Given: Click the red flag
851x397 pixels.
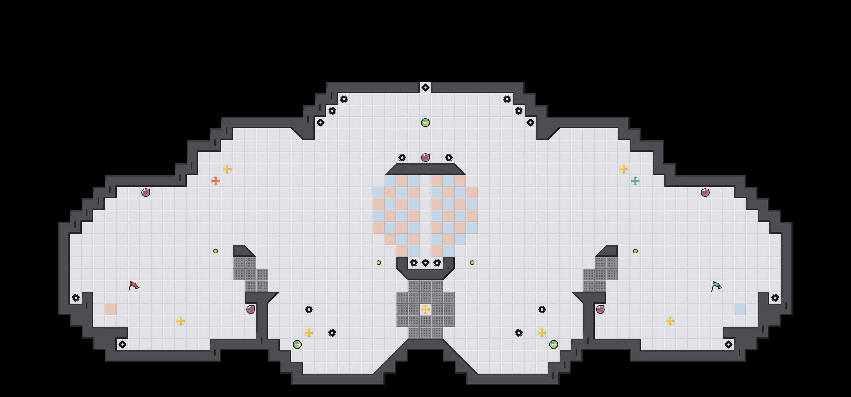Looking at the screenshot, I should point(133,286).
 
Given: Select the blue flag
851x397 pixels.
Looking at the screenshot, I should point(716,286).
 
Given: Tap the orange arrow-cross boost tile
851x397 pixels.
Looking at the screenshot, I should point(215,181).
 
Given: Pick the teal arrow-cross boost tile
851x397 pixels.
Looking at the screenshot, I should point(635,181).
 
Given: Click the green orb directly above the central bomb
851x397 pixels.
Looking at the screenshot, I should point(425,123).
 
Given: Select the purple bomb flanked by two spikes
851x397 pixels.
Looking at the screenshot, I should point(425,157).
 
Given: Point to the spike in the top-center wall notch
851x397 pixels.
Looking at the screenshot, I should point(425,88).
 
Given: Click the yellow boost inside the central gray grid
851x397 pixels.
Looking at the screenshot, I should point(425,309).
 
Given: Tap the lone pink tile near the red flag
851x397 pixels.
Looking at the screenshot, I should point(111,309).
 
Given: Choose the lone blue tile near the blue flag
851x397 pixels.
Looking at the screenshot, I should point(740,309).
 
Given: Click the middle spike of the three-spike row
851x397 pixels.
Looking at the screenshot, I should point(425,263).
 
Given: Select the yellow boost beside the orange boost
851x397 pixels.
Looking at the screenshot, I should point(227,169).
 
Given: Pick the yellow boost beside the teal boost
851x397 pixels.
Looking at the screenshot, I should point(623,169).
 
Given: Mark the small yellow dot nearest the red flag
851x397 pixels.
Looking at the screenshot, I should point(215,251).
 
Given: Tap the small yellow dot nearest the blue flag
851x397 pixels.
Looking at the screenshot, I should point(635,251).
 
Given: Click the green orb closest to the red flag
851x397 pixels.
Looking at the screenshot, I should point(297,344).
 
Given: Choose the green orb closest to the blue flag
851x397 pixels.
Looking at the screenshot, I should point(553,344).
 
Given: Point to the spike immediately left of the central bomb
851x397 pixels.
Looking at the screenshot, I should point(402,157).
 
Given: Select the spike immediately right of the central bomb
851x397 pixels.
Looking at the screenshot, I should point(448,157).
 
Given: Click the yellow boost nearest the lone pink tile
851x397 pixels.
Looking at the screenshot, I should point(180,321).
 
